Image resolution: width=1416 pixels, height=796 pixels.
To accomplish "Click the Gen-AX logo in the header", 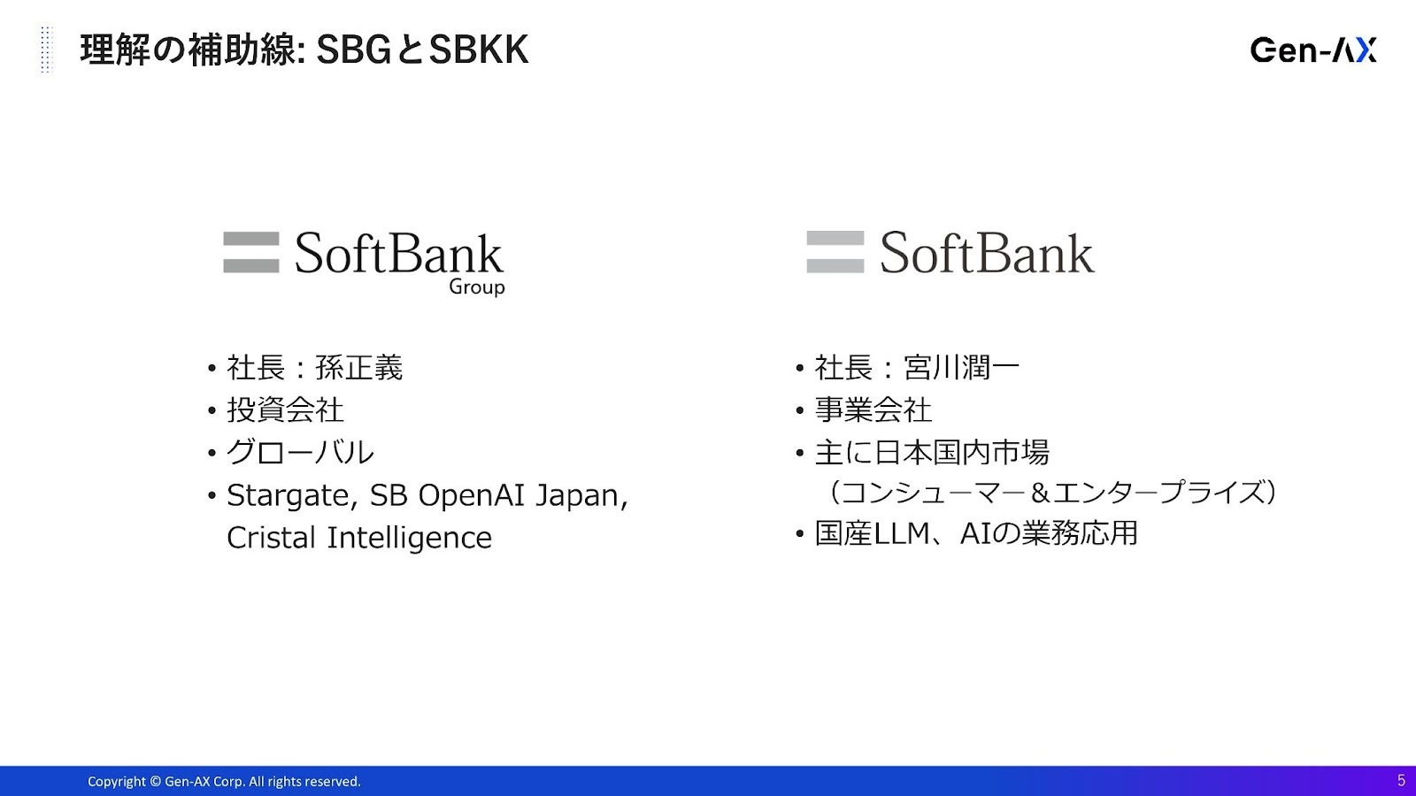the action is coord(1313,50).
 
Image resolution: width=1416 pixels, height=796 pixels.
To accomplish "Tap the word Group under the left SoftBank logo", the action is coord(477,287).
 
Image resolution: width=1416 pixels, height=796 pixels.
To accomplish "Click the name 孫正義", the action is coord(358,368).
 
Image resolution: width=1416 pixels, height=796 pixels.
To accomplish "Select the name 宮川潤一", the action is coord(961,368).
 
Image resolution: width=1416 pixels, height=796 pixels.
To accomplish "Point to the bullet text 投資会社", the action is coord(285,410).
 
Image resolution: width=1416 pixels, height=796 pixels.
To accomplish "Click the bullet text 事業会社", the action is coord(873,410).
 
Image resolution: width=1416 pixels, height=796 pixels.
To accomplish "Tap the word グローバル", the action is coord(300,452).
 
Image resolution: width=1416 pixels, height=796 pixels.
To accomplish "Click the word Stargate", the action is coord(293,496).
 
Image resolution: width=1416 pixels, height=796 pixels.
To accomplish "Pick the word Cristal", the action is coord(271,538).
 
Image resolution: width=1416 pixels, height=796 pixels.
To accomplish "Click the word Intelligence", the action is coord(409,539).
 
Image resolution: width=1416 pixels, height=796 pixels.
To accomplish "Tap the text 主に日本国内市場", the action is coord(932,452).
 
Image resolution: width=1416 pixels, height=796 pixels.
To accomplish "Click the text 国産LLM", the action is coord(872,533).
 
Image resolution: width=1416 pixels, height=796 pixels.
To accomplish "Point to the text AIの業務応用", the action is coord(1049,533).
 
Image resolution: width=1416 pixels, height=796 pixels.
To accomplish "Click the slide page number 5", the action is coord(1401,780).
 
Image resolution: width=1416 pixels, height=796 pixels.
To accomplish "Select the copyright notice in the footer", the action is coord(224,782).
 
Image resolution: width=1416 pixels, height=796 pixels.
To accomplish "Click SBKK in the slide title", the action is coord(479,50).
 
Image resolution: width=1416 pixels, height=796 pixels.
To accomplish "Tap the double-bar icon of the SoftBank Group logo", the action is coord(251,252).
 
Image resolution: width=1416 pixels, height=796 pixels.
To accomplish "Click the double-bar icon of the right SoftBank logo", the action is coord(835,251).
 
